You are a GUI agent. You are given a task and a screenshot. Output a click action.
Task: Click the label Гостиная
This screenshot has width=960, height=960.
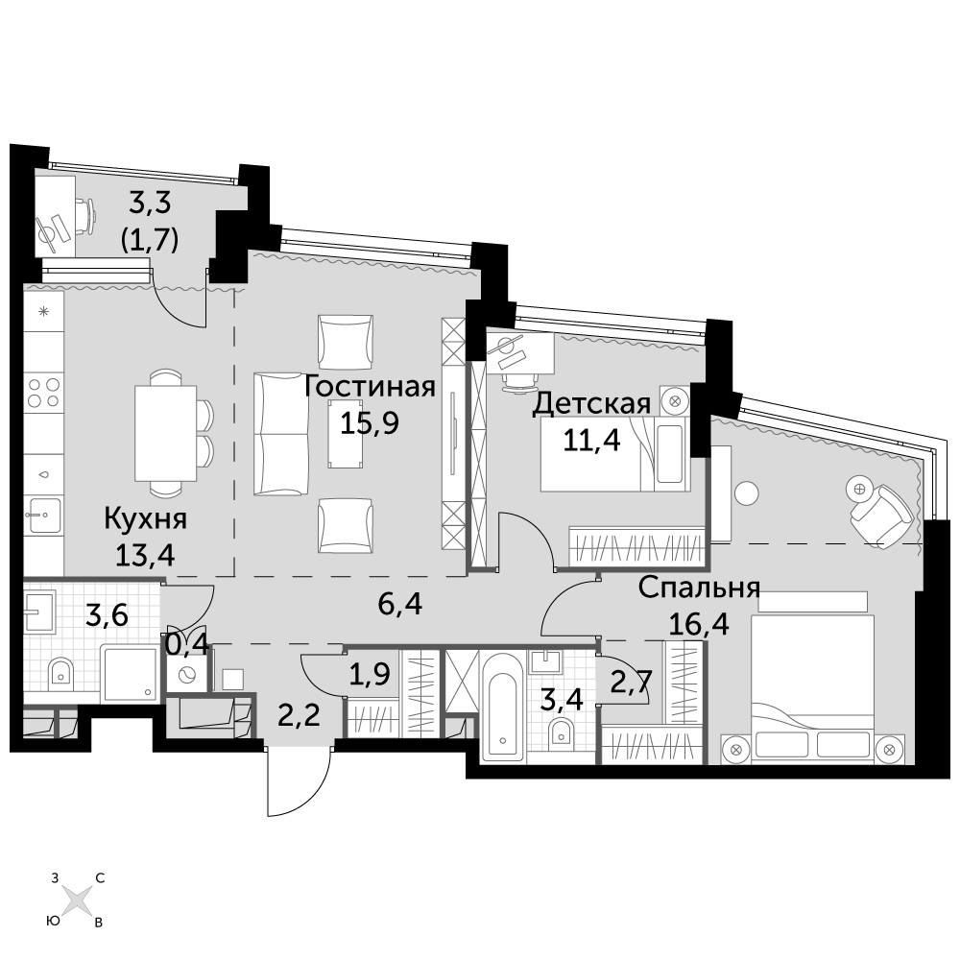(x=370, y=387)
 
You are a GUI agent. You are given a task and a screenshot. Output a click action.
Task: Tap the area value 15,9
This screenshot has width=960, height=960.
(x=370, y=422)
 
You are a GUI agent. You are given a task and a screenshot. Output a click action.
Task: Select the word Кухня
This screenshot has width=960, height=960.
(x=146, y=519)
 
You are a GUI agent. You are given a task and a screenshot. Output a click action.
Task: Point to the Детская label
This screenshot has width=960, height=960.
(x=591, y=404)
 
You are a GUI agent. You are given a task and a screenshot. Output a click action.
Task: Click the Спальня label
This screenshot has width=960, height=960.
(x=699, y=588)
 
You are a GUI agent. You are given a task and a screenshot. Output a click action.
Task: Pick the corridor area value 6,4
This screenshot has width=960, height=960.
(x=400, y=604)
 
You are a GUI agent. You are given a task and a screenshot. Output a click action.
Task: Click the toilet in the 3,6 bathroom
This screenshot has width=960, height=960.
(x=60, y=671)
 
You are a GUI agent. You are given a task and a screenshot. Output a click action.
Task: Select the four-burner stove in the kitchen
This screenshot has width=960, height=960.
(x=44, y=393)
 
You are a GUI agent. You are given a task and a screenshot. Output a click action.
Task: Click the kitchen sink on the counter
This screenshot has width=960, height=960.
(x=43, y=516)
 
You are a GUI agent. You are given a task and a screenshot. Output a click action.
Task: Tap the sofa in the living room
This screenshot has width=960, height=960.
(x=281, y=434)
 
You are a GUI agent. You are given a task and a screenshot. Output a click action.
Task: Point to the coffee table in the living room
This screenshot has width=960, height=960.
(x=346, y=434)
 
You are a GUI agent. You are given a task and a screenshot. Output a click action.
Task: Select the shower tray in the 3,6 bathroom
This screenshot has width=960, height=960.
(x=130, y=673)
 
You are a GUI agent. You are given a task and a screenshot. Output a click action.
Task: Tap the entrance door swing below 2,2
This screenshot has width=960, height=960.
(x=300, y=781)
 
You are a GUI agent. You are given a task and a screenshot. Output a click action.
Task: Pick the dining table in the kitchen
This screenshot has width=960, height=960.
(x=166, y=432)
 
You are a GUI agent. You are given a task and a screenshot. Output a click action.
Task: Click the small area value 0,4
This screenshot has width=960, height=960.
(x=188, y=644)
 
